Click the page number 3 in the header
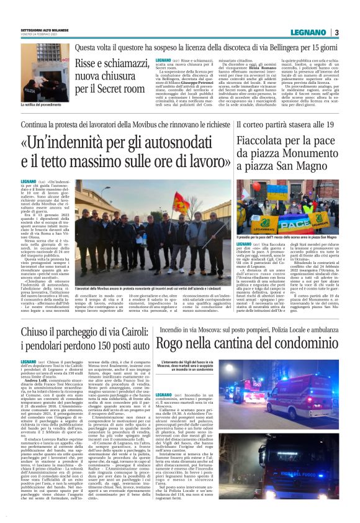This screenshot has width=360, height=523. (336, 32)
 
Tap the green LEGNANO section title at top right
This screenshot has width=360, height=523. (310, 32)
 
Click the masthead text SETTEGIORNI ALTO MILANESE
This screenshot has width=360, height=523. (45, 30)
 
